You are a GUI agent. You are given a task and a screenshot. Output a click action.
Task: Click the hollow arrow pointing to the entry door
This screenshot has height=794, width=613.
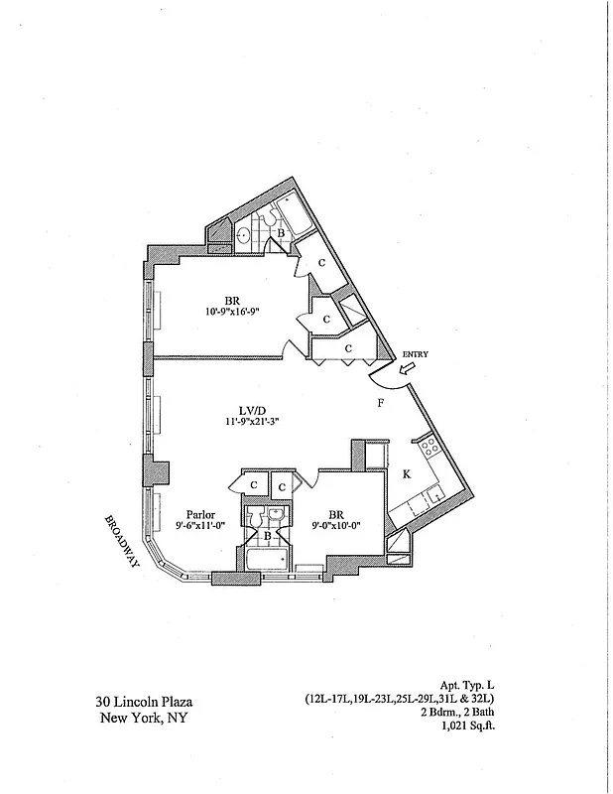(x=408, y=368)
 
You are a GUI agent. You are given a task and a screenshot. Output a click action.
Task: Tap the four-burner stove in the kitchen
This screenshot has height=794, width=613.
(x=430, y=448)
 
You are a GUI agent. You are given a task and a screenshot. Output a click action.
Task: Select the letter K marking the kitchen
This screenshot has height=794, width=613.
(x=406, y=475)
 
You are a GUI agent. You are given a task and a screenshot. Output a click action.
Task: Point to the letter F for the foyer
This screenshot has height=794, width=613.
(x=380, y=404)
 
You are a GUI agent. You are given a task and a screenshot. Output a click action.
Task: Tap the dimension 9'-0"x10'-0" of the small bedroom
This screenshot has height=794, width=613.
(x=332, y=528)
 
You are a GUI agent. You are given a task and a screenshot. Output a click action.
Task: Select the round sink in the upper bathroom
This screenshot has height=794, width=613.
(x=244, y=235)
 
